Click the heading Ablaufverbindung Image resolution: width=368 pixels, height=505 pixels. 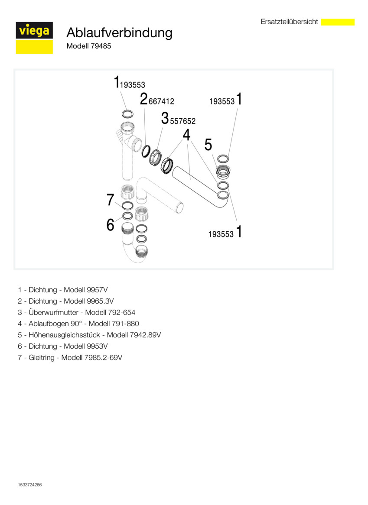119,32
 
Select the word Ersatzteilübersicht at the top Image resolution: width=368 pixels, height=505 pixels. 289,22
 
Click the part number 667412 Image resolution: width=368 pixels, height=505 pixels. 161,101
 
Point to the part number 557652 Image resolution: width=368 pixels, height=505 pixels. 183,122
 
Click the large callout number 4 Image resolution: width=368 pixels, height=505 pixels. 186,135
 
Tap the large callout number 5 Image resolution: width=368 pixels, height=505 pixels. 208,145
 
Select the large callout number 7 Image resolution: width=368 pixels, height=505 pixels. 111,200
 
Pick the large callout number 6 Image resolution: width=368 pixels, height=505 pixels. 111,225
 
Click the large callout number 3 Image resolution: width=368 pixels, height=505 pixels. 165,118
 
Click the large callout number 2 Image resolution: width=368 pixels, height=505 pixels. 143,99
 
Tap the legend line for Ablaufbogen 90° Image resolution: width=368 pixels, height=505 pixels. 78,324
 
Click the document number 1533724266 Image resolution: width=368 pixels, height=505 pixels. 30,485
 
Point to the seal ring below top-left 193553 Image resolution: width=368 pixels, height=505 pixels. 127,114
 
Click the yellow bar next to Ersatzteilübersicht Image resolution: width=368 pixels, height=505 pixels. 338,22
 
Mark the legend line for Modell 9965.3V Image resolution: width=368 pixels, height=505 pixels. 66,301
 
